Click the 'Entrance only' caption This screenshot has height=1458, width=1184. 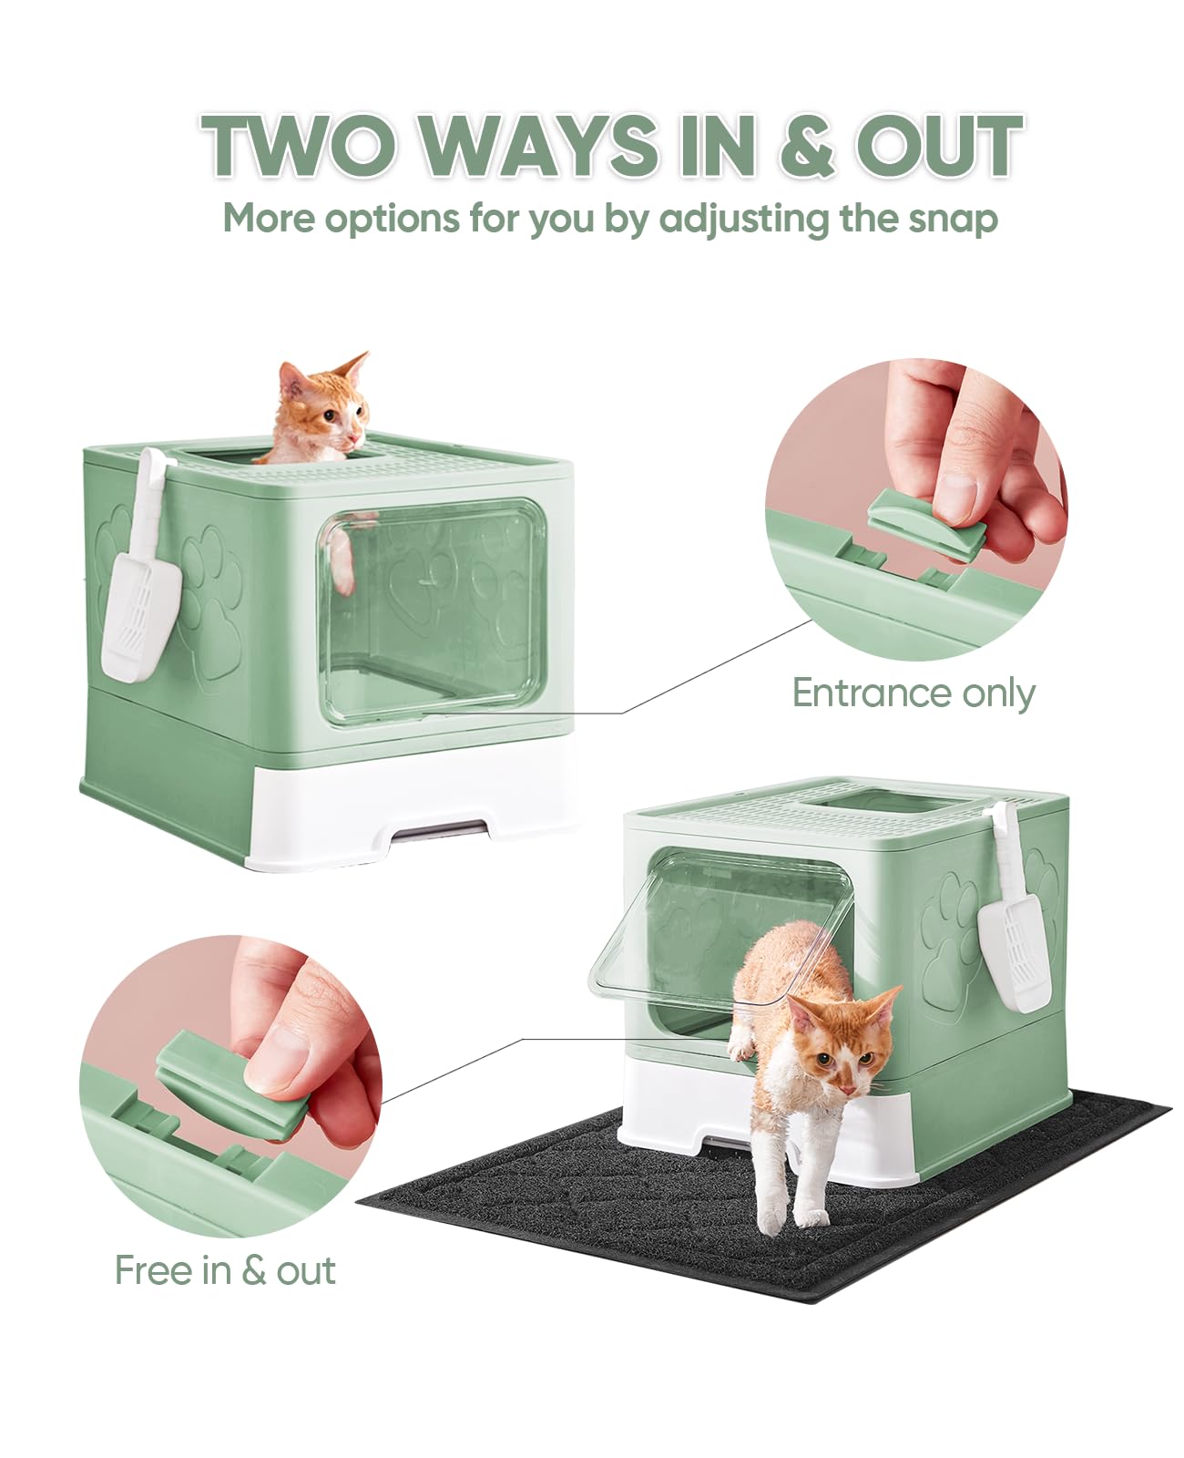coord(913,693)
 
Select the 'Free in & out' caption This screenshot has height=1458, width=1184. coord(225,1270)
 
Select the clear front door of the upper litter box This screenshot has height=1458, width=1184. coord(433,611)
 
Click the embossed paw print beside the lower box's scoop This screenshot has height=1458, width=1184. coord(947,920)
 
